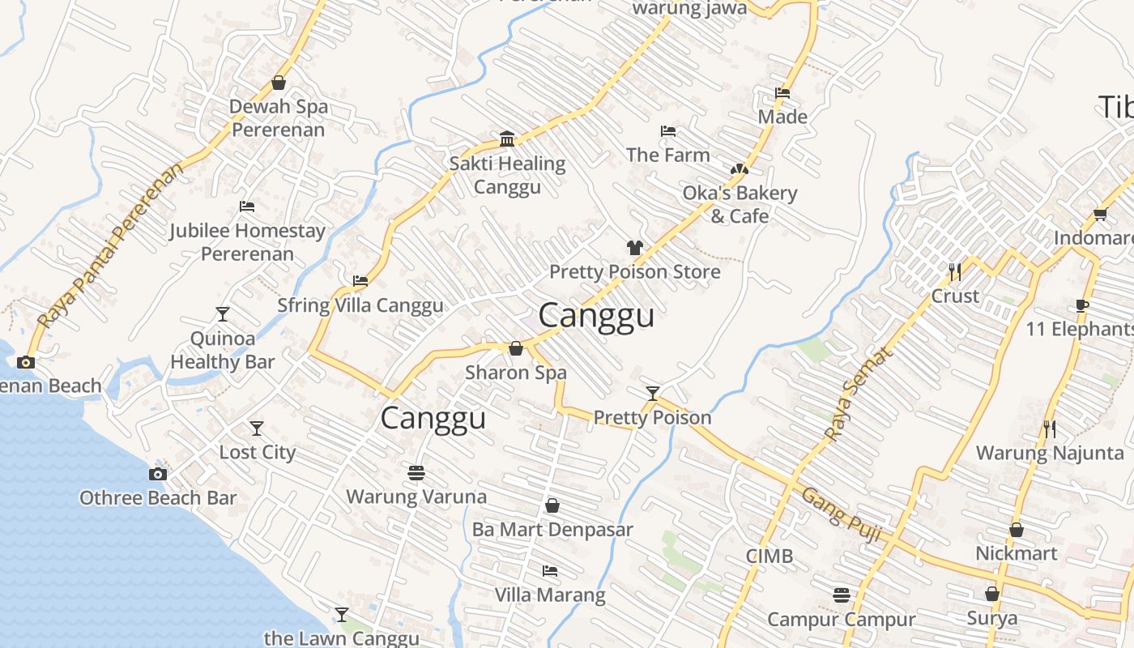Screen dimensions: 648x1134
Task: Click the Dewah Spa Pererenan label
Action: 278,118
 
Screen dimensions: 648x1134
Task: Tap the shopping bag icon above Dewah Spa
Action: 279,83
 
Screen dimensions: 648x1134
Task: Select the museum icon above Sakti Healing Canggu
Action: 507,139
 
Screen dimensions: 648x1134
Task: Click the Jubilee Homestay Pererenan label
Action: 247,241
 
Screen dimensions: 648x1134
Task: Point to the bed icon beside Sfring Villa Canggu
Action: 360,281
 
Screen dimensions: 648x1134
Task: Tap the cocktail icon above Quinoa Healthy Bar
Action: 223,313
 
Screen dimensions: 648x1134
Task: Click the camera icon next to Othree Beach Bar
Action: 158,474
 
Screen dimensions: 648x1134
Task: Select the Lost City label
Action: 257,452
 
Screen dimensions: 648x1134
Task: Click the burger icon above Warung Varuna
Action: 416,472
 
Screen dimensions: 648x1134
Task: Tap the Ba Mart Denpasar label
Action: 552,530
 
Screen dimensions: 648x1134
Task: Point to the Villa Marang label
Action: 550,595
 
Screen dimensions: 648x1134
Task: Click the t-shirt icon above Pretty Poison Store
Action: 634,247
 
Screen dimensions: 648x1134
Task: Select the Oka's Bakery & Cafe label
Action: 740,204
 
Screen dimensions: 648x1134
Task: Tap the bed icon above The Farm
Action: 668,130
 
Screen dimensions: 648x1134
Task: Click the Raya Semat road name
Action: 859,394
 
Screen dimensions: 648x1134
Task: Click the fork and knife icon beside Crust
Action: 955,271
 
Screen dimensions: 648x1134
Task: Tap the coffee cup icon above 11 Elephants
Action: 1081,305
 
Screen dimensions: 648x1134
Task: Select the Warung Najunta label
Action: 1050,453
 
